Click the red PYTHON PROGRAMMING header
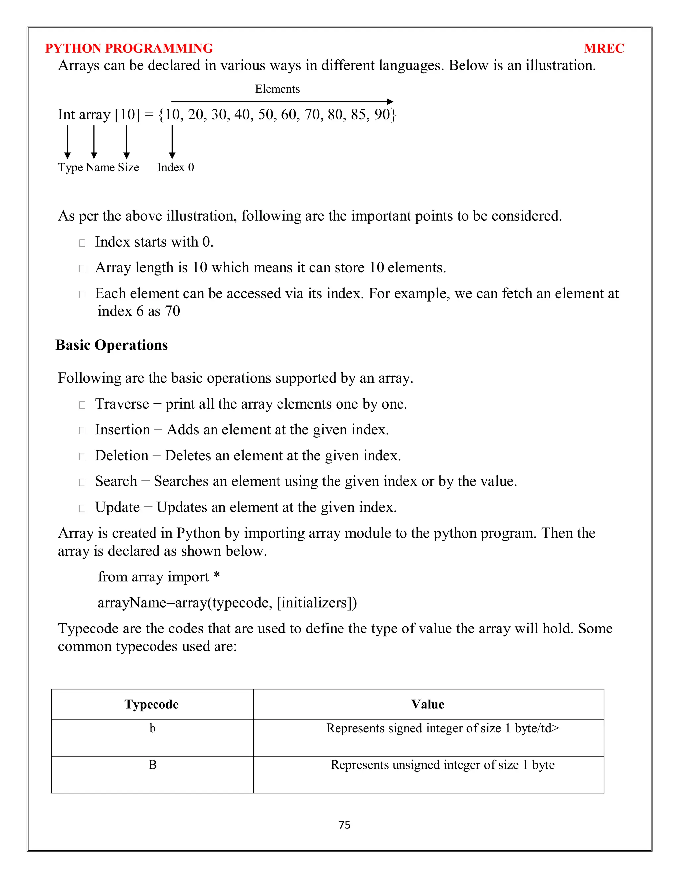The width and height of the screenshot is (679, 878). (129, 49)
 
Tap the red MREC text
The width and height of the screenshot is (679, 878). (603, 49)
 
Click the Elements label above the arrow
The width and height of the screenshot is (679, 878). (277, 89)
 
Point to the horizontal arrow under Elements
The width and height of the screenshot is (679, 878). (281, 102)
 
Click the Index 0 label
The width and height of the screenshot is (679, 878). (175, 167)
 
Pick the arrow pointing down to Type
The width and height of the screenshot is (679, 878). (68, 141)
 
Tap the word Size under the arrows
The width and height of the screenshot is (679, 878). (128, 167)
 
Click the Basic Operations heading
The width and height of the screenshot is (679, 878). (111, 345)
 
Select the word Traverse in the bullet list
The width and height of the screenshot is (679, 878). (122, 404)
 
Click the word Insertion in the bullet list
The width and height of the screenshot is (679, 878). (122, 430)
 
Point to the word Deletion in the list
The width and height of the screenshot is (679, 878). (121, 456)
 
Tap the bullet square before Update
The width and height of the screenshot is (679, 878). (82, 508)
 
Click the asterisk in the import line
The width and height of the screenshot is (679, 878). (217, 576)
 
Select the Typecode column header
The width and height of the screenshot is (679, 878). (152, 704)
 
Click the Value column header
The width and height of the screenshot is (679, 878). (428, 704)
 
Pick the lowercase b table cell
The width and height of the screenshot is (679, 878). (153, 728)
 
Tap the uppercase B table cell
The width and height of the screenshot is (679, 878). (153, 765)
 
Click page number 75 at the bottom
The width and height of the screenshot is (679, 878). (344, 825)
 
